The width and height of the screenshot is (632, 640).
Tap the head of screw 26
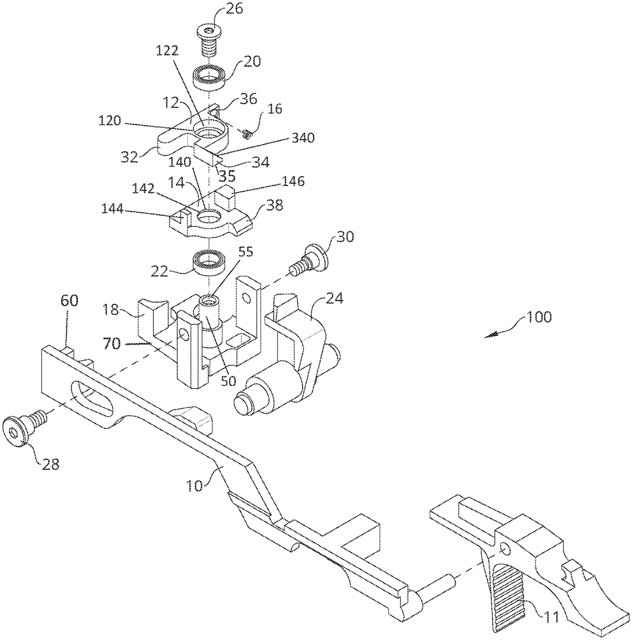click(x=208, y=33)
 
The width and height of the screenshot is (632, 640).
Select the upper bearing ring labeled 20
click(x=209, y=78)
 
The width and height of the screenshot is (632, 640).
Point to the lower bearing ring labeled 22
click(x=209, y=263)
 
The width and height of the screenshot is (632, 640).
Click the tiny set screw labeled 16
click(x=247, y=134)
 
